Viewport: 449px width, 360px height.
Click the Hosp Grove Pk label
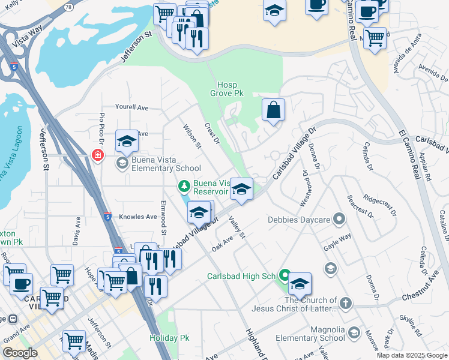point(227,89)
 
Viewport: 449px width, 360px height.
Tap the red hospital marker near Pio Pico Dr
point(97,155)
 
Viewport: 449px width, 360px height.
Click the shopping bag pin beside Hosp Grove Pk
point(273,110)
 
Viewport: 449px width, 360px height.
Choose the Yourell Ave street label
point(131,107)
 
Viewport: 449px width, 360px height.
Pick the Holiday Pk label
point(169,338)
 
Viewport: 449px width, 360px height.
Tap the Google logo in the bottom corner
point(20,353)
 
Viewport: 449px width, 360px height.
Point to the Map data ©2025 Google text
point(412,355)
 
